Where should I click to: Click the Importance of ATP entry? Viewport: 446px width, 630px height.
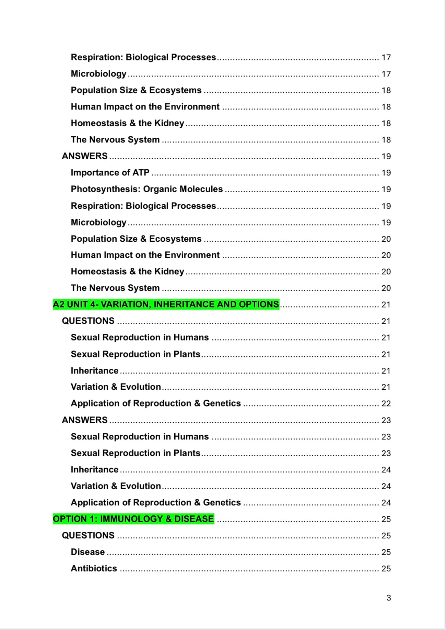[110, 172]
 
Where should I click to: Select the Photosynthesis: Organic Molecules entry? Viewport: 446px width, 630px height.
[146, 189]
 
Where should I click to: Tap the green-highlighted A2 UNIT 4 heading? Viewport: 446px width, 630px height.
[166, 304]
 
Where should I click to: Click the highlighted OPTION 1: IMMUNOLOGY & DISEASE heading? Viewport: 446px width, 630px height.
[133, 518]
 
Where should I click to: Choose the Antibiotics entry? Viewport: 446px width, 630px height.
[94, 568]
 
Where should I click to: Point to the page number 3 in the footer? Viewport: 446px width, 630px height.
[388, 598]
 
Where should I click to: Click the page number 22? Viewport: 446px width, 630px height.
[386, 403]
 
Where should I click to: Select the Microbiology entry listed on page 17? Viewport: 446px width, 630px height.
[98, 73]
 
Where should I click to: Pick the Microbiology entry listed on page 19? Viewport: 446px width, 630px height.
[98, 222]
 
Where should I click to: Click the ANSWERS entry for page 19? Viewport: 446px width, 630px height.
[85, 156]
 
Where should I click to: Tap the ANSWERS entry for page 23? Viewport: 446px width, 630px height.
[85, 420]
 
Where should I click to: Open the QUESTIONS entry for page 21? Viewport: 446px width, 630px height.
[88, 321]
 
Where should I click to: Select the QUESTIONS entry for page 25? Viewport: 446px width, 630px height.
[88, 535]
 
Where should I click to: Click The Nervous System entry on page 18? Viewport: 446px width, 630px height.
[115, 139]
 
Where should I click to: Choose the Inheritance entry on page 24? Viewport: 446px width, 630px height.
[94, 469]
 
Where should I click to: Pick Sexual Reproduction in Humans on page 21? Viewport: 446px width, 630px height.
[140, 337]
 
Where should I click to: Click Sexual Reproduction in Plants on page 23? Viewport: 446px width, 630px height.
[136, 453]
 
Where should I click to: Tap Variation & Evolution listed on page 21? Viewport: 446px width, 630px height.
[116, 387]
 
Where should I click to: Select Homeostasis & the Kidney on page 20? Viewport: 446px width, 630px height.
[127, 271]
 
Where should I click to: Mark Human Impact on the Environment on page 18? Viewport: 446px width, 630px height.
[145, 106]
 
